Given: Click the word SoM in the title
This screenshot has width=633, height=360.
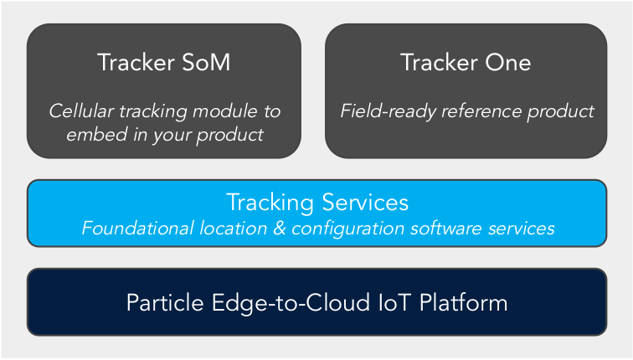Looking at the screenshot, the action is coord(206,63).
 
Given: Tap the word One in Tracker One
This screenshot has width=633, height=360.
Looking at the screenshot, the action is coord(508,63).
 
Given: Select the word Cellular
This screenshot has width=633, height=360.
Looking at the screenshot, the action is coord(81,111).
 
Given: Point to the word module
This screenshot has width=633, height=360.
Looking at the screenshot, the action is coord(224,111).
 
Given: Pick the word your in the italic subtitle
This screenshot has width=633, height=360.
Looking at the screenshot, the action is coord(172,136).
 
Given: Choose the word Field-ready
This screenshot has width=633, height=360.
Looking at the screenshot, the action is coord(388,111).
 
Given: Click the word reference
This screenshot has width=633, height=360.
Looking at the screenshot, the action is coord(481,111).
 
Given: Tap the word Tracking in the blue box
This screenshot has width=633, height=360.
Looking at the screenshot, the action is coord(270,203).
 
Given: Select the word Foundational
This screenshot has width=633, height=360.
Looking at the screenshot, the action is coord(137,228).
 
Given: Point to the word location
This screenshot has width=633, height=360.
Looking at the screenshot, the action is coord(234,228).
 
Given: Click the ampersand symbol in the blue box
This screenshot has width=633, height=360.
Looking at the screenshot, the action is coord(280,228).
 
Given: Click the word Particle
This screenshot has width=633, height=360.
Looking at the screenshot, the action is coord(165,303).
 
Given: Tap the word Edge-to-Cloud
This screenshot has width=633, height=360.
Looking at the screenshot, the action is coord(291,304).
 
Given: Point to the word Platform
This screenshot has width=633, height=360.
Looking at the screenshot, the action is coord(464,303).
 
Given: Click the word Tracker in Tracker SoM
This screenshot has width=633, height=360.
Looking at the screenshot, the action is coord(136,63).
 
